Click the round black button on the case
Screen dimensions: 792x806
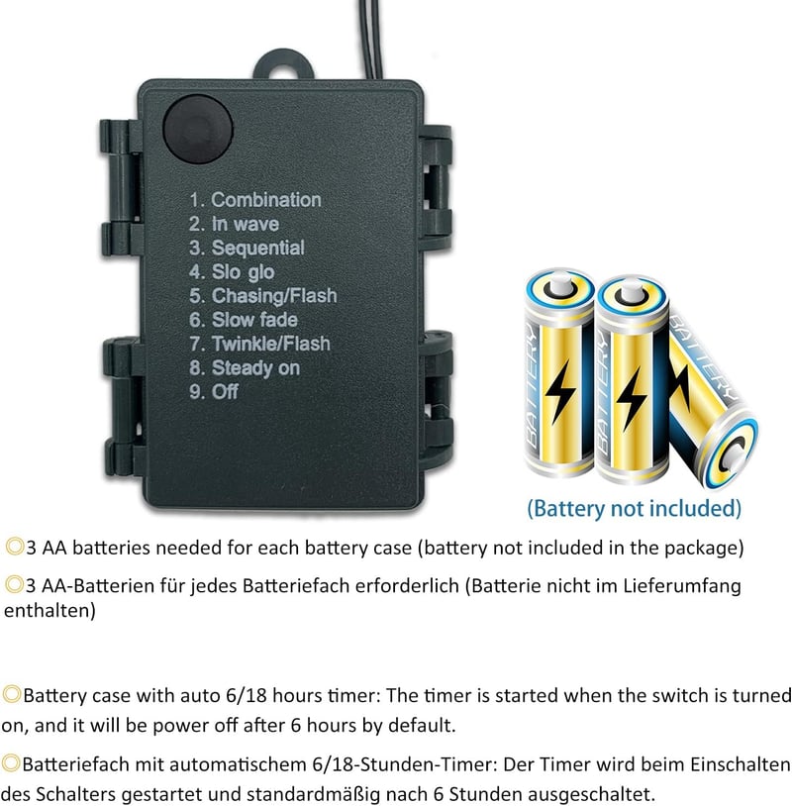tap(198, 129)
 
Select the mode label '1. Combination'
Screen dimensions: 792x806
tap(255, 200)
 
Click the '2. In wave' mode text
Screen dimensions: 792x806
tap(234, 224)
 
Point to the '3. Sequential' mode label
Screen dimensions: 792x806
tap(247, 249)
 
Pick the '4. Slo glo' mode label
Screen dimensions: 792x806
tap(232, 272)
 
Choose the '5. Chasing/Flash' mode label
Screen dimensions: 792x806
tap(263, 296)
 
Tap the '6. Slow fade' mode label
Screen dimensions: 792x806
tap(244, 320)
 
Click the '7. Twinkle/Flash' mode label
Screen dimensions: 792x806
tap(259, 344)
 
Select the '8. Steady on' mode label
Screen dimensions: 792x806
tap(245, 368)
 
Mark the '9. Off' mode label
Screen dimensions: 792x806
tap(214, 392)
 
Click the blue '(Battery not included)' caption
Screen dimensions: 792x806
tap(635, 509)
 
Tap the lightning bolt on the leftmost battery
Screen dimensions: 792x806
tap(559, 392)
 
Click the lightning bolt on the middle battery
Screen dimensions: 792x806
tap(632, 398)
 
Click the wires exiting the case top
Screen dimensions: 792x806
tap(370, 39)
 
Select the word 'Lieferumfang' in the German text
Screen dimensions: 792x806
tap(682, 586)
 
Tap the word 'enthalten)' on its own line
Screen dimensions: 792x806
tap(49, 611)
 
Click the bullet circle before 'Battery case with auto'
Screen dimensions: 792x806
tap(11, 694)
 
